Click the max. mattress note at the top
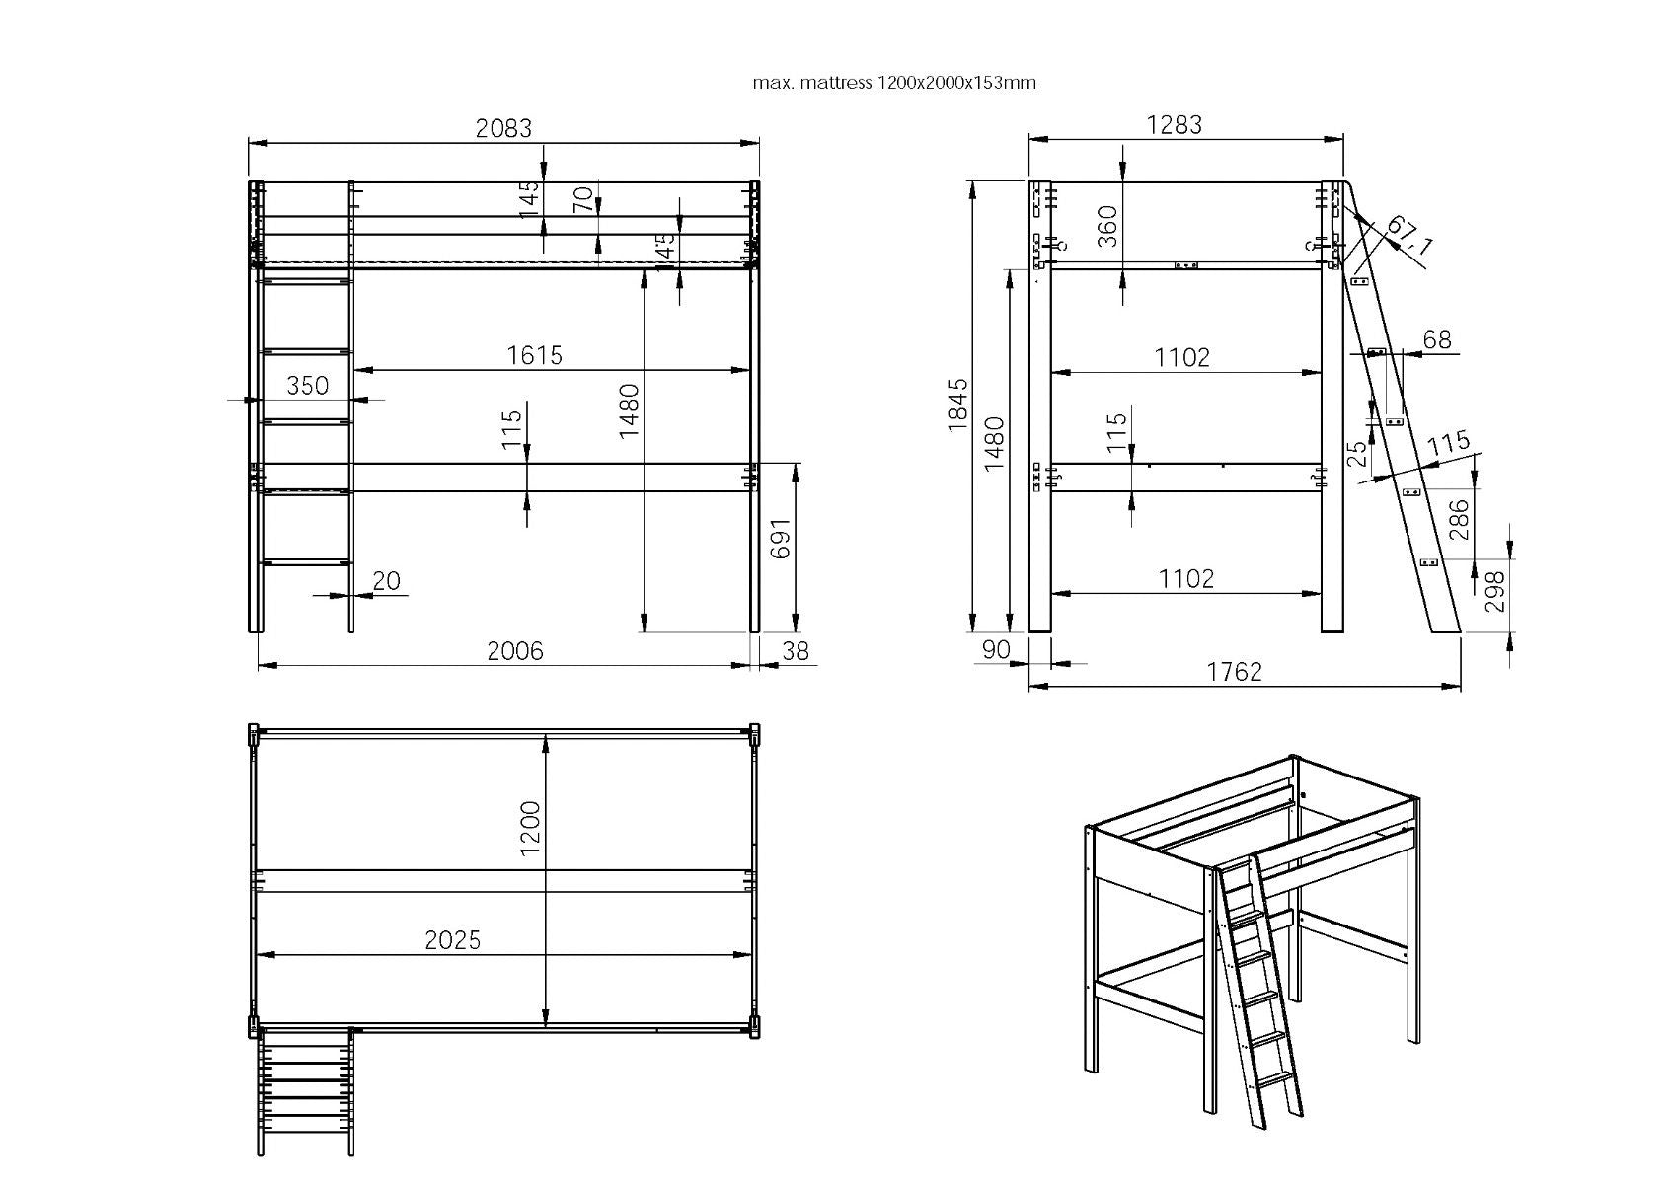coord(894,83)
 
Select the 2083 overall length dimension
coord(503,128)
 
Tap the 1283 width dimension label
coord(1174,124)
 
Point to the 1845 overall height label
coord(958,405)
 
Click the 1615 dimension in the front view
coord(534,355)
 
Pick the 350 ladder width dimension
coord(307,386)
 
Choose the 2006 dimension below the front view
coord(515,650)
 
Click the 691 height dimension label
coord(780,539)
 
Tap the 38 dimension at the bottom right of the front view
coord(796,651)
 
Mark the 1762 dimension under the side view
coord(1235,672)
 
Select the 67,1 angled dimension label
coord(1410,235)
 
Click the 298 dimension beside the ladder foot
coord(1494,592)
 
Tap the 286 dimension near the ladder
coord(1459,519)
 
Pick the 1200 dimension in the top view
coord(530,829)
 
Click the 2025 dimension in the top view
coord(452,939)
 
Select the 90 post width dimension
coord(996,650)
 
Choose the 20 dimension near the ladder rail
coord(386,580)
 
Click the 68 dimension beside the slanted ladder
coord(1437,339)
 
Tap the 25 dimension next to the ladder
coord(1357,454)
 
